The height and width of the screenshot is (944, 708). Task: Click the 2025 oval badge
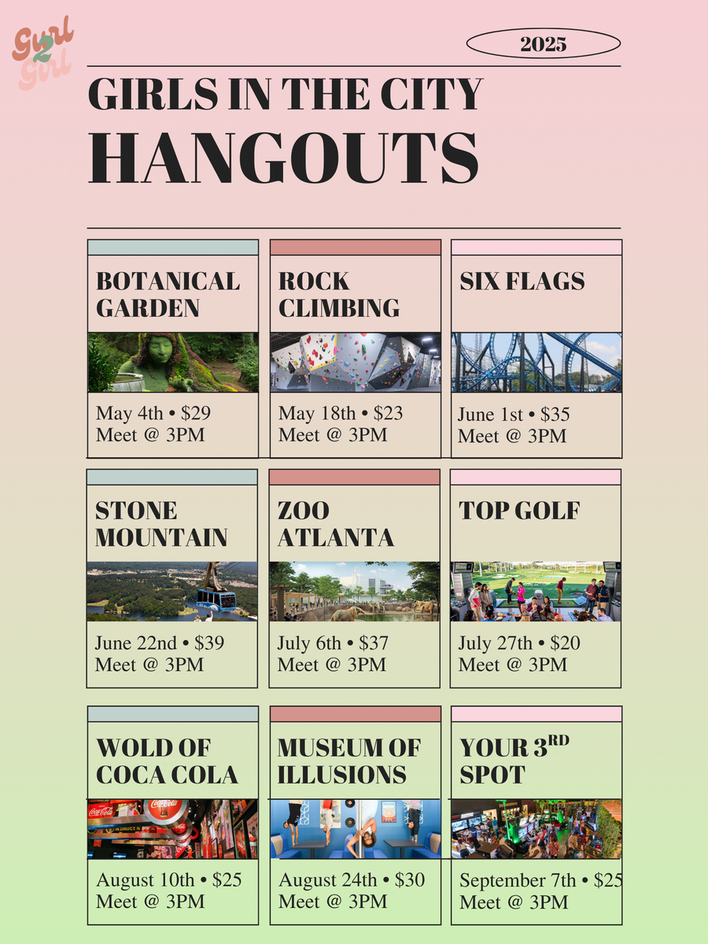click(544, 43)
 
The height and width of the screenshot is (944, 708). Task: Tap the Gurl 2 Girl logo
click(42, 53)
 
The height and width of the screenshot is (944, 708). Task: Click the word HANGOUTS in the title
click(283, 158)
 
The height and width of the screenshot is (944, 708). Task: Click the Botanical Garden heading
click(168, 294)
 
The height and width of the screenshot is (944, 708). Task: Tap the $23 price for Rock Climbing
click(388, 413)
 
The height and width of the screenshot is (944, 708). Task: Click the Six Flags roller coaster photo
click(537, 362)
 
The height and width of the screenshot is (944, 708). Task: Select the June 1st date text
click(490, 415)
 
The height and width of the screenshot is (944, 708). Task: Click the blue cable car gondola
click(216, 599)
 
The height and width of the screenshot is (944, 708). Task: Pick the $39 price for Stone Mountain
click(209, 643)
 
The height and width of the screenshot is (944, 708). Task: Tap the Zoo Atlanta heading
click(335, 524)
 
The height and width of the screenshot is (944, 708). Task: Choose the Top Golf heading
click(519, 511)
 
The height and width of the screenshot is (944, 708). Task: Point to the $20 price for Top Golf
click(565, 643)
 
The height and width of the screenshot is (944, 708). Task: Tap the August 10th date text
click(146, 880)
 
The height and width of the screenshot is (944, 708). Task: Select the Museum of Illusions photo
click(356, 828)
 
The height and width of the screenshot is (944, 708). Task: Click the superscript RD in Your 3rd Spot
click(559, 740)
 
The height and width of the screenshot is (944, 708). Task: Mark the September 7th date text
click(518, 880)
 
